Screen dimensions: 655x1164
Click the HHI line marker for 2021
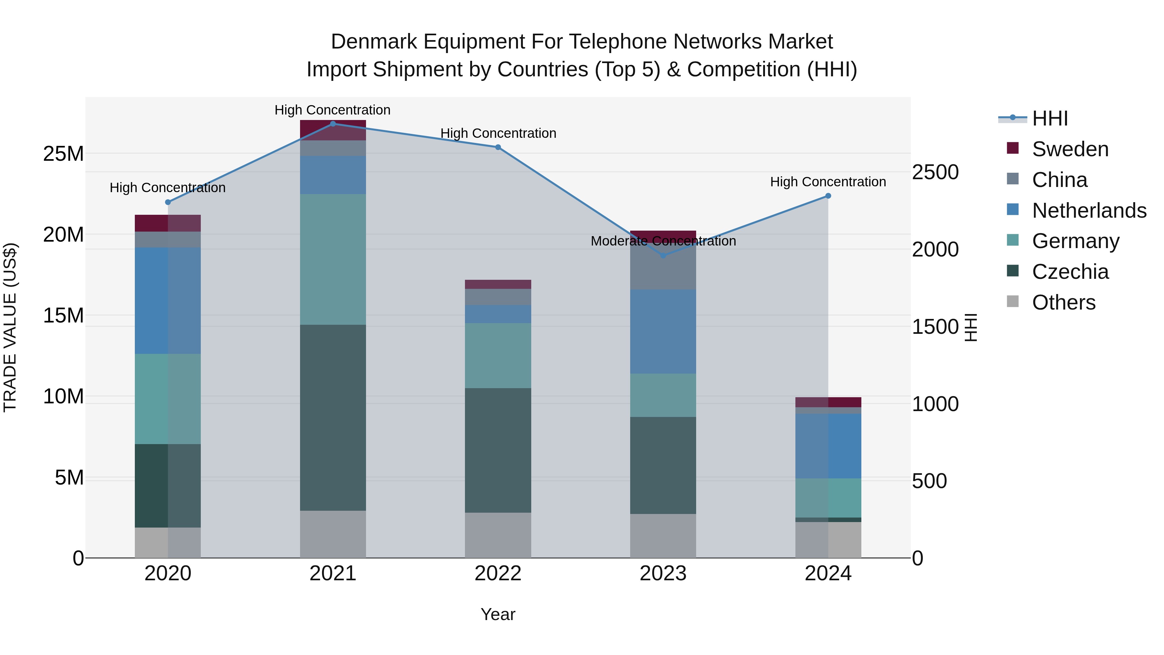333,124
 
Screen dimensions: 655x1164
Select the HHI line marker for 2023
663,256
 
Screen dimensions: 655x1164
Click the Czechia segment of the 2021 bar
333,418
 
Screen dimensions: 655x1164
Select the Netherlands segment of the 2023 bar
663,331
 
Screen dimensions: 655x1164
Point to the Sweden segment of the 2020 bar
167,223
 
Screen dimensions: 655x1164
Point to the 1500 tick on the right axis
935,327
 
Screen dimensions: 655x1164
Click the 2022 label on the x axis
498,573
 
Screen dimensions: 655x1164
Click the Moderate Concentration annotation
663,241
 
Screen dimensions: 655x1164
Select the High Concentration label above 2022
498,133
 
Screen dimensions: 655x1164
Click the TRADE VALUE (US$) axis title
10,327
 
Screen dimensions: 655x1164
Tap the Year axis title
498,614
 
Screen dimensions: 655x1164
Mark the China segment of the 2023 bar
663,267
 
